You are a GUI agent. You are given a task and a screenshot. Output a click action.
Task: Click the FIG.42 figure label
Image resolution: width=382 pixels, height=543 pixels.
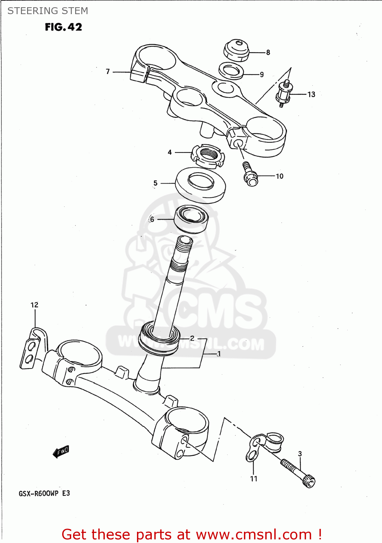[x=63, y=27]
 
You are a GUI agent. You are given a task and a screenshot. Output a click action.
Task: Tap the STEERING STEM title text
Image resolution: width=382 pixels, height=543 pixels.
[x=48, y=11]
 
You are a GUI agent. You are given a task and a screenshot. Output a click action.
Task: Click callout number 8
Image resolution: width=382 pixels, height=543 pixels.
[x=268, y=52]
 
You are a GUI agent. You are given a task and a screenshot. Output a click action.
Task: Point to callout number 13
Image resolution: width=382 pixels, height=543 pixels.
[x=311, y=94]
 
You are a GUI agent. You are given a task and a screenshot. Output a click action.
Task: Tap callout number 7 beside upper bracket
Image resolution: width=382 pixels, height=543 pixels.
[x=108, y=72]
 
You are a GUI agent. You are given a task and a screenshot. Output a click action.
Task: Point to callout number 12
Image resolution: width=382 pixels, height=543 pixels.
[x=34, y=305]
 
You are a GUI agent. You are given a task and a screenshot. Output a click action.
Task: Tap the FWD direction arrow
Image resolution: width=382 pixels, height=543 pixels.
[x=61, y=451]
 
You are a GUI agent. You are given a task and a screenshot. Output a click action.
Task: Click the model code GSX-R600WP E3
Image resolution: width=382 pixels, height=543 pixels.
[x=44, y=493]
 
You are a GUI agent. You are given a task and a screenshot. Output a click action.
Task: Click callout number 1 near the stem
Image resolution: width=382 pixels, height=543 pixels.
[x=219, y=354]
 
